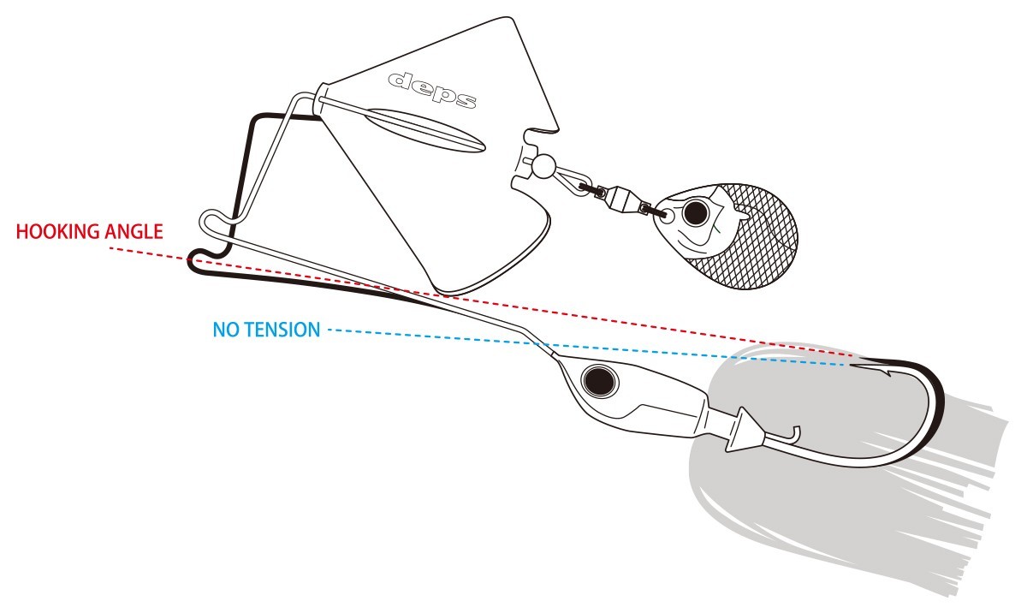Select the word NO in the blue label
[x=223, y=330]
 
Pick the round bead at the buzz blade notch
[x=540, y=164]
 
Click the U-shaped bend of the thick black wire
[x=198, y=261]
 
